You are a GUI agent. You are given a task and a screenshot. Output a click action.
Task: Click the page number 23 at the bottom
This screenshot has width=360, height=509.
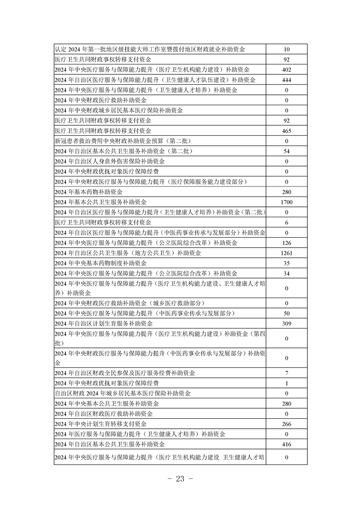point(180,480)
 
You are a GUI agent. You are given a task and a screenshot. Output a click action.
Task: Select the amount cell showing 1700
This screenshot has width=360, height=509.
point(286,202)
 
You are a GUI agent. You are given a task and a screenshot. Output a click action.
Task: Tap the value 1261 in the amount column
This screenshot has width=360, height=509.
point(286,253)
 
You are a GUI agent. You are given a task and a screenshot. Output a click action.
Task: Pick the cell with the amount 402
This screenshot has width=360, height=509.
point(286,69)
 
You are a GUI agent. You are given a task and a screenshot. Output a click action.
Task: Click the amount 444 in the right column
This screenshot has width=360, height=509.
point(286,80)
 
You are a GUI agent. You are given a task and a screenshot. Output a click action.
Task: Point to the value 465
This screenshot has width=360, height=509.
point(286,131)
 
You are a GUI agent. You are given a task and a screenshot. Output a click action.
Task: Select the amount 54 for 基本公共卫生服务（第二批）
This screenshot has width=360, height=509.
point(286,151)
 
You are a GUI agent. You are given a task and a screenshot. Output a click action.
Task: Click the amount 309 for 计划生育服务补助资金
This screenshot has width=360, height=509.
point(286,323)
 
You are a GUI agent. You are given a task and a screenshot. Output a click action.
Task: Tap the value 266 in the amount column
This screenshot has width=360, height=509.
point(286,424)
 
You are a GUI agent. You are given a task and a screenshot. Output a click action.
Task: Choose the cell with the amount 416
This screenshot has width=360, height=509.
point(286,444)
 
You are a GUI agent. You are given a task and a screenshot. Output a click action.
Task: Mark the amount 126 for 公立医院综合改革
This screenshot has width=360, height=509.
point(286,243)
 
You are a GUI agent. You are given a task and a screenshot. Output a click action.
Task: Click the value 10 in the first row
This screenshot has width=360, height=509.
point(286,49)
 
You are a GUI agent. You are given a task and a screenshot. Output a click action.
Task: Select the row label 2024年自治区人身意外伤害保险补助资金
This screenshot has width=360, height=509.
point(109,161)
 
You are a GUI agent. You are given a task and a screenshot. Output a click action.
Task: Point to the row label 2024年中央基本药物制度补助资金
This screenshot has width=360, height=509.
point(100,263)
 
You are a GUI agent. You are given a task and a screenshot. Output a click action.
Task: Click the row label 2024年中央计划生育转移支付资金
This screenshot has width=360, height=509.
point(100,424)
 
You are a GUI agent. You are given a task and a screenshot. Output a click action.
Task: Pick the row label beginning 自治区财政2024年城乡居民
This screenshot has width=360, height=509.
point(123,393)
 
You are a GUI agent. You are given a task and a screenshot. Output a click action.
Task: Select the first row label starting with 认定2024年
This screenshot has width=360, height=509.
point(150,49)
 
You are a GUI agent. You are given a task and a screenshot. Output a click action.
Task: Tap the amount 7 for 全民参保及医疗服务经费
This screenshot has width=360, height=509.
point(286,373)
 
